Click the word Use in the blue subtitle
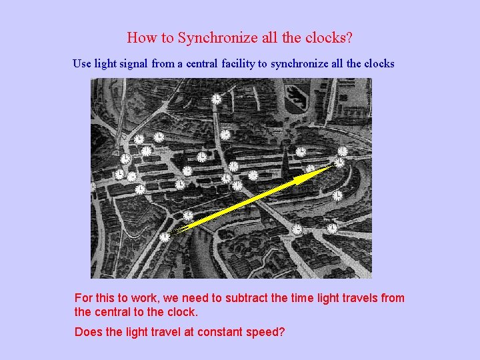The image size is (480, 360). pyautogui.click(x=81, y=64)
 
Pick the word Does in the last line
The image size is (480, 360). pyautogui.click(x=89, y=331)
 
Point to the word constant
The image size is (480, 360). pyautogui.click(x=209, y=331)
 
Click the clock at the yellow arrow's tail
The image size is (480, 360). pyautogui.click(x=165, y=236)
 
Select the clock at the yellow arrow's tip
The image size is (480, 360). pyautogui.click(x=339, y=162)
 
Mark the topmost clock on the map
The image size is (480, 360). pyautogui.click(x=216, y=99)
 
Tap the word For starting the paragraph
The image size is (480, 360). pyautogui.click(x=84, y=298)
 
